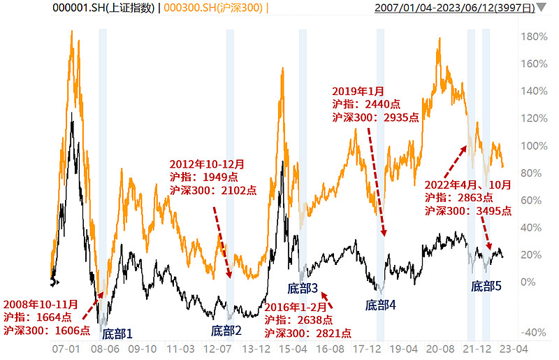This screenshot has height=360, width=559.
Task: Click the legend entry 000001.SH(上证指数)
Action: click(103, 8)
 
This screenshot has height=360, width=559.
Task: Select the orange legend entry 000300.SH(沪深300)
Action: click(213, 8)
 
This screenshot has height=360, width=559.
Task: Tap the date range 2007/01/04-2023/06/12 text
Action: click(435, 8)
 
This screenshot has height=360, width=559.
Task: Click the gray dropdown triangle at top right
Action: click(542, 7)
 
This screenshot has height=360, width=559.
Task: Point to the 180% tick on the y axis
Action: click(534, 36)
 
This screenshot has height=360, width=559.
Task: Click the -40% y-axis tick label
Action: click(533, 333)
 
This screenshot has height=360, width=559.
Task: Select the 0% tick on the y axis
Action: click(528, 282)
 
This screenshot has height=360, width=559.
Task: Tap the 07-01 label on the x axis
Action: click(66, 349)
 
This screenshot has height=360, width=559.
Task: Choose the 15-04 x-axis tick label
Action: click(293, 349)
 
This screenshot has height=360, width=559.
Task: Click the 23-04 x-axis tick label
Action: click(514, 349)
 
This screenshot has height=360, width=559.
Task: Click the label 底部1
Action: click(117, 334)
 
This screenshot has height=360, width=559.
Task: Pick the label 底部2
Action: click(226, 331)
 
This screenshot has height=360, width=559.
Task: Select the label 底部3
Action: click(303, 288)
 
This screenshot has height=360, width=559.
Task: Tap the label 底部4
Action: click(380, 305)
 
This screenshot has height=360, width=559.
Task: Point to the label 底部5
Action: click(486, 286)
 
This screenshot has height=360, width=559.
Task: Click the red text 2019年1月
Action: click(358, 92)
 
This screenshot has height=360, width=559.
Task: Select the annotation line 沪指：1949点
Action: click(204, 178)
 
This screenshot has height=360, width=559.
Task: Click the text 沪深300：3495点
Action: click(468, 211)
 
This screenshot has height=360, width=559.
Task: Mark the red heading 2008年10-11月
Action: click(41, 304)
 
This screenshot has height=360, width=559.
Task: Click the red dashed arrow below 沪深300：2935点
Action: click(376, 182)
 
